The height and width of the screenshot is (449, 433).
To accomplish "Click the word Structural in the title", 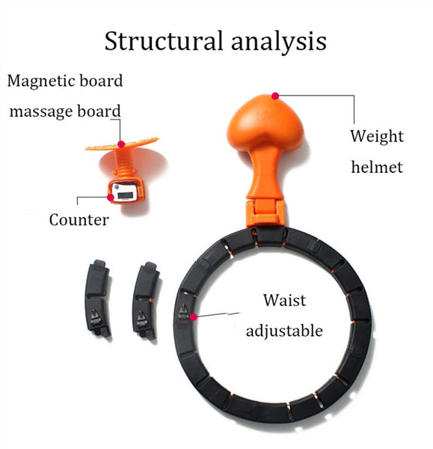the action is click(164, 41).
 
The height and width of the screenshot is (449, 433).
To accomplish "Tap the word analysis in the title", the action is click(278, 43).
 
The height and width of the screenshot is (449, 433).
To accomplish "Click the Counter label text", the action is click(79, 220).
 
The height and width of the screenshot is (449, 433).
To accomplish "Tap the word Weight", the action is click(377, 137).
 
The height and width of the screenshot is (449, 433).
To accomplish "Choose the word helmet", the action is click(377, 167).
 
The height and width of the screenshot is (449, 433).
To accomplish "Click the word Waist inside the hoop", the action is click(284, 300).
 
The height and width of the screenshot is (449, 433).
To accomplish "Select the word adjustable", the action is click(284, 332).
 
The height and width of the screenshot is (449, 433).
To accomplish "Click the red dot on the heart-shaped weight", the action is click(275, 96).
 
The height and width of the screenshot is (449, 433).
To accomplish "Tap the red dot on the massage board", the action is click(121, 144).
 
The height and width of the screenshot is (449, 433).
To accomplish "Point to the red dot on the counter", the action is click(111, 197).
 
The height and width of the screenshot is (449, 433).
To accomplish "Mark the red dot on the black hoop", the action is click(194, 317).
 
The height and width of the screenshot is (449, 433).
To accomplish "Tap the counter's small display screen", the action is click(126, 195).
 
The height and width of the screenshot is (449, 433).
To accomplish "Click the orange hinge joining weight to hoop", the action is click(265, 213).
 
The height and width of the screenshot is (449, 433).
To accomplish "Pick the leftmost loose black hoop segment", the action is click(97, 299).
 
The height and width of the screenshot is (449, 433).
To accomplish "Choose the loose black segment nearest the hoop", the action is click(145, 300).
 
